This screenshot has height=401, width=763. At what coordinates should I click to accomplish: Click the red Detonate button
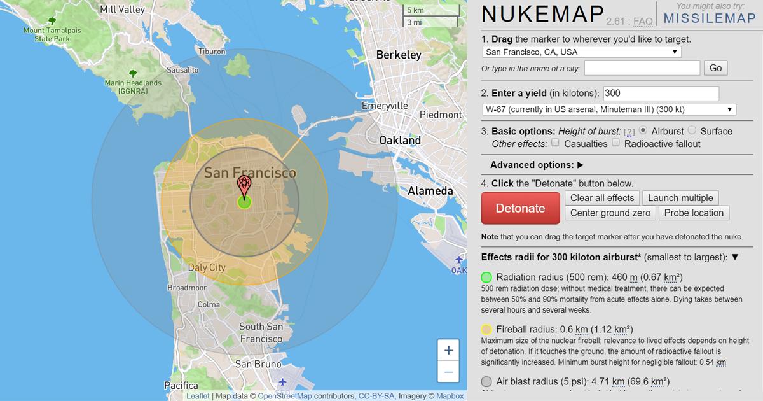click(x=520, y=208)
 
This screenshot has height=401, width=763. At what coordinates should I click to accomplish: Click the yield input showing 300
click(x=661, y=94)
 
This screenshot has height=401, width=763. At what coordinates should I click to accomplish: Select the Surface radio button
click(x=692, y=130)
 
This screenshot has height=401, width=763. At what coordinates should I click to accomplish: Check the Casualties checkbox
click(x=556, y=143)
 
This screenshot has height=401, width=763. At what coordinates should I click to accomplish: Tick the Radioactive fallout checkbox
click(x=615, y=143)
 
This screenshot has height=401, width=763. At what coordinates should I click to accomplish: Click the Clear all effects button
click(x=602, y=198)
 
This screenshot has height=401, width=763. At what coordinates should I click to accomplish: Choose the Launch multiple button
click(x=680, y=198)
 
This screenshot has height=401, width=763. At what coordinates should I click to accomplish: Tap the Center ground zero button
click(x=610, y=213)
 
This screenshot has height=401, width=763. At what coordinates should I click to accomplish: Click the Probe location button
click(x=694, y=213)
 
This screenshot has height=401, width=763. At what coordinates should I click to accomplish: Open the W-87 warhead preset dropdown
click(x=609, y=109)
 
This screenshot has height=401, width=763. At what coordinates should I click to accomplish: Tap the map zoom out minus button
click(x=449, y=372)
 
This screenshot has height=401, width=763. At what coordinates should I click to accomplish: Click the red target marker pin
click(x=244, y=186)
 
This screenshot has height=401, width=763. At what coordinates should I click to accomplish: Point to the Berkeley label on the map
click(x=399, y=55)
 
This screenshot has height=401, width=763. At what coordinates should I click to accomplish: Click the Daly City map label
click(x=207, y=268)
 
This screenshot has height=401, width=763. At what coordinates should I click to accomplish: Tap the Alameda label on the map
click(x=430, y=191)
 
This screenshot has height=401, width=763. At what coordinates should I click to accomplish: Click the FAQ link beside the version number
click(x=643, y=22)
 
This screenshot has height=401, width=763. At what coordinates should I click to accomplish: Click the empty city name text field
click(x=642, y=68)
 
